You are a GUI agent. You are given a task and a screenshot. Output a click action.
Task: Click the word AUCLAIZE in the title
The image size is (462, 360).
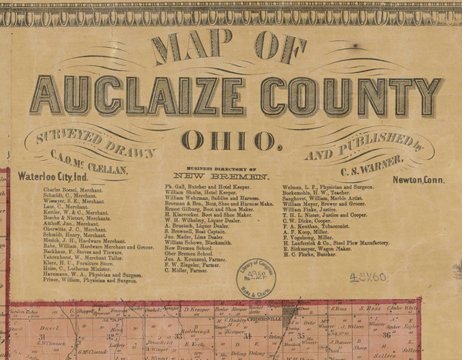pos(139,95)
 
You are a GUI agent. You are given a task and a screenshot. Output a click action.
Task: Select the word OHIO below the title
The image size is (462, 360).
pos(229,141)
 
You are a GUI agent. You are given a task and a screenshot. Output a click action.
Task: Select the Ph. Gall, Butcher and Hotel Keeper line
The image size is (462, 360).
pos(208,187)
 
